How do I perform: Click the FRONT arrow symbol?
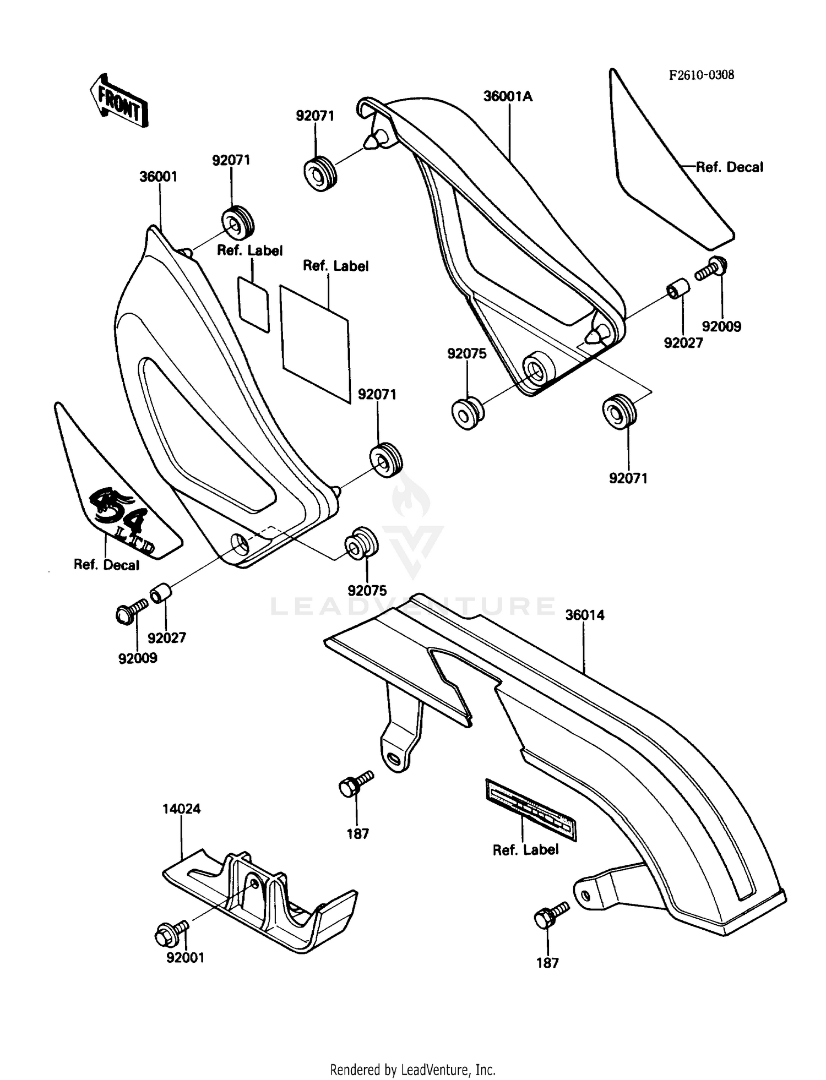click(118, 101)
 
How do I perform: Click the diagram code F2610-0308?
click(701, 75)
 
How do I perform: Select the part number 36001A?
click(508, 96)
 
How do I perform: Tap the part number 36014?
click(584, 615)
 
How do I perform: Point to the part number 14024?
click(181, 809)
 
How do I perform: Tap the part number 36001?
click(158, 177)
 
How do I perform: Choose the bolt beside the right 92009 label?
click(712, 269)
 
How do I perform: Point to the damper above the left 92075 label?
click(361, 543)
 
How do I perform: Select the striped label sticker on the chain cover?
click(530, 809)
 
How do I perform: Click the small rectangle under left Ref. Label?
click(253, 303)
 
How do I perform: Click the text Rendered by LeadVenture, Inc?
click(412, 1070)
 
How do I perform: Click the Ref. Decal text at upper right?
click(729, 167)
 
